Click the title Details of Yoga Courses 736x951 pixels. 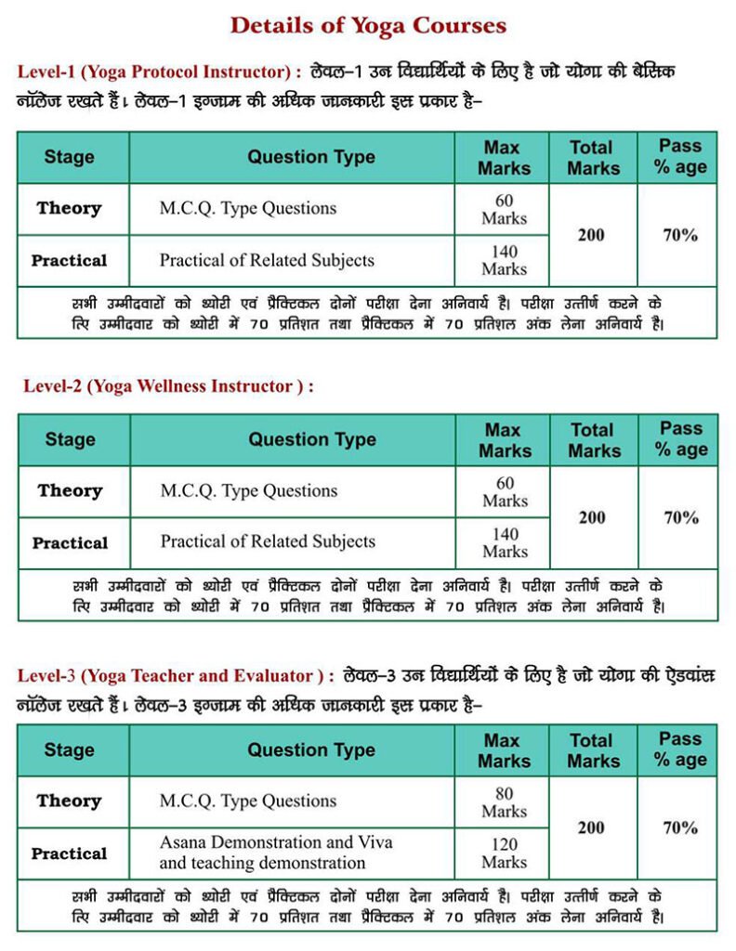368,25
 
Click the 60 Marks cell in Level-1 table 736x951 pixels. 504,209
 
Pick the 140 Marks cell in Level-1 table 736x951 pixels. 504,260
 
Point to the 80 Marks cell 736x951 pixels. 504,801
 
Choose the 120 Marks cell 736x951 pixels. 504,853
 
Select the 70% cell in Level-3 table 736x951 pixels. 680,827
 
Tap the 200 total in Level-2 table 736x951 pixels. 592,517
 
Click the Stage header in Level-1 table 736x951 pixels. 70,157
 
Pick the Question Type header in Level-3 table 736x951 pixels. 310,750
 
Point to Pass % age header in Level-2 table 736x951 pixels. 680,439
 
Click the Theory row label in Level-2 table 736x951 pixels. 70,490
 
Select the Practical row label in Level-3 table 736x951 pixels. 70,853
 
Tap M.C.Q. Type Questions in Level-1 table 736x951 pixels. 247,208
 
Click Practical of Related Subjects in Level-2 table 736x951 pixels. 268,541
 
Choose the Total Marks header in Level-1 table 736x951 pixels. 593,157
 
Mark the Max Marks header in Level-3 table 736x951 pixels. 504,750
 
